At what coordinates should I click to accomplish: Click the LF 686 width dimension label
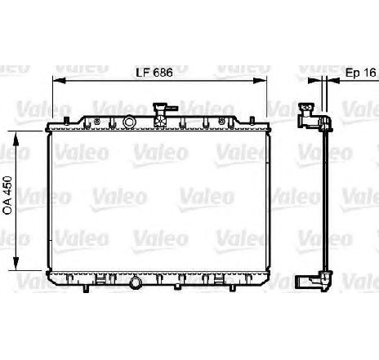coord(154,73)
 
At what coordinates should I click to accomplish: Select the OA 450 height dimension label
coord(7,195)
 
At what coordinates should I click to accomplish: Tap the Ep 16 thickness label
coord(361,73)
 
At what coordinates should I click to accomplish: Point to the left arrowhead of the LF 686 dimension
coord(59,81)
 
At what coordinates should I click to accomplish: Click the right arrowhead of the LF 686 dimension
coord(260,81)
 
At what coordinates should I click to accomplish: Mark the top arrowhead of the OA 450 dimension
coord(16,139)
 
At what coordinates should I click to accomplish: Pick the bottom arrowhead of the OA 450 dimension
coord(16,263)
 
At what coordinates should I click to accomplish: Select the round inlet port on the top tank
coord(129,122)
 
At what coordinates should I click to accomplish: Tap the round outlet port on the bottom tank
coord(135,283)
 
